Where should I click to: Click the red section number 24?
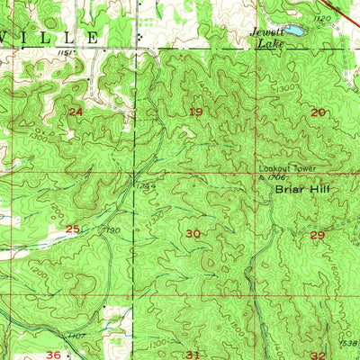(76, 111)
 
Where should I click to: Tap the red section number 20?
(318, 112)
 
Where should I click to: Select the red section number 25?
(72, 229)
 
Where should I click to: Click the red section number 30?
(193, 233)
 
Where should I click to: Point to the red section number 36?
(54, 355)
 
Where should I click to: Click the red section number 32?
(318, 355)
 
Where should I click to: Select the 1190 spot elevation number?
(112, 230)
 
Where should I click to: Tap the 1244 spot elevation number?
(147, 185)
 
